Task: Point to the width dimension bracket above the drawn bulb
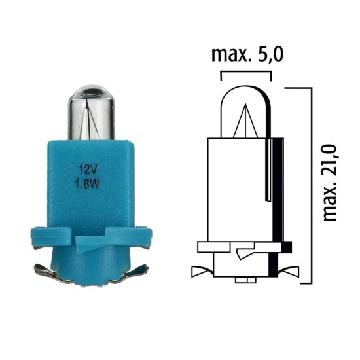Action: click(x=246, y=73)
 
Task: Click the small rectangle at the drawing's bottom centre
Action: click(x=245, y=280)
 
